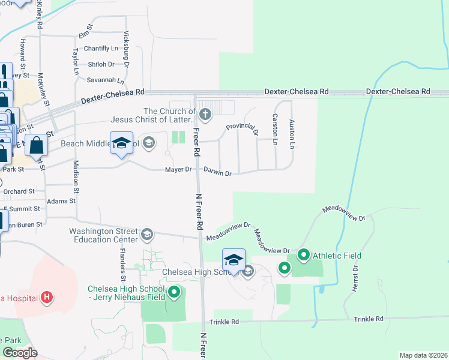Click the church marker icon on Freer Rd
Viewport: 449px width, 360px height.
pyautogui.click(x=205, y=114)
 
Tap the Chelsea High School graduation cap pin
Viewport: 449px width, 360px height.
pyautogui.click(x=234, y=261)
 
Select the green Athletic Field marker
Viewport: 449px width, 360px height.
pyautogui.click(x=303, y=256)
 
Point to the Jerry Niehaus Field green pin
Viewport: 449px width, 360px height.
pyautogui.click(x=174, y=292)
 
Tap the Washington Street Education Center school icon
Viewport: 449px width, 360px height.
pyautogui.click(x=147, y=233)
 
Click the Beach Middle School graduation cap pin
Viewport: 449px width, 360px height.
pyautogui.click(x=121, y=143)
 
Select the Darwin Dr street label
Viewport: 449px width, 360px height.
pyautogui.click(x=217, y=172)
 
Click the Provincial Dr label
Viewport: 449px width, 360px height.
pyautogui.click(x=242, y=127)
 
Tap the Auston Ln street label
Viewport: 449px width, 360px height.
pyautogui.click(x=292, y=134)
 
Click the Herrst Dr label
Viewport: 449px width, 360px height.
pyautogui.click(x=355, y=280)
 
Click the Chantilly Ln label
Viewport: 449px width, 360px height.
pyautogui.click(x=101, y=48)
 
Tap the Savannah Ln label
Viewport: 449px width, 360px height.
pyautogui.click(x=104, y=80)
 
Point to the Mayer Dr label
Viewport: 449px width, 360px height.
pyautogui.click(x=178, y=170)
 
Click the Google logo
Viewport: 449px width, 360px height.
pyautogui.click(x=20, y=353)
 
